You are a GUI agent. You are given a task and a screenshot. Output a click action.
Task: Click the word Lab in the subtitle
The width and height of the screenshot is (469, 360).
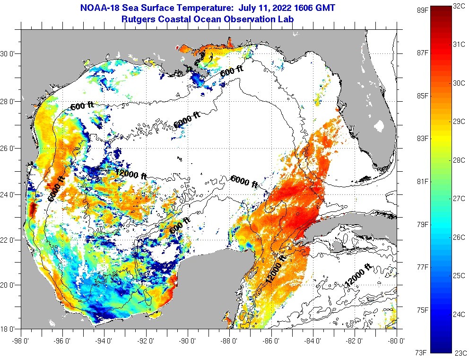tap(286, 19)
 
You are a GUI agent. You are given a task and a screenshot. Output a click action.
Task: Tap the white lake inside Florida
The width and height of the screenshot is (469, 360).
tap(378, 126)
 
